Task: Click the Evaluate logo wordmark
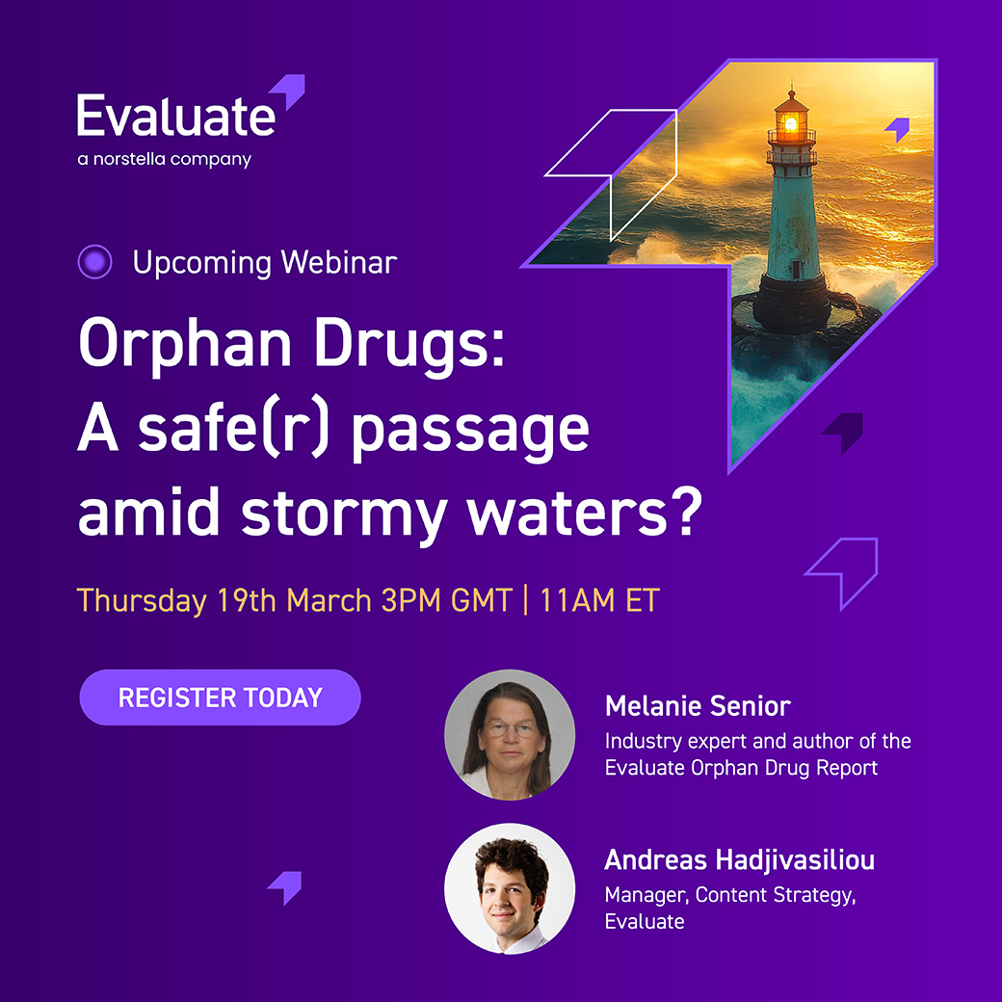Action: point(176,117)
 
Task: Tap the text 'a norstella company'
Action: point(164,159)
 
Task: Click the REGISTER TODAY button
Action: point(220,698)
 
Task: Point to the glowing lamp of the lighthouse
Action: point(791,123)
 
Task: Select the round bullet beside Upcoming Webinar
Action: point(94,262)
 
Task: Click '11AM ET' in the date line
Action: point(599,600)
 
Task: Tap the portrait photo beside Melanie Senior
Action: point(510,734)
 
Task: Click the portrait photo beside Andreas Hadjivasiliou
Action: point(510,888)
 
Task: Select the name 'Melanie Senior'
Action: point(698,706)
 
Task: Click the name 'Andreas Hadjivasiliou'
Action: point(739,859)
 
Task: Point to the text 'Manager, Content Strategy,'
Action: point(729,895)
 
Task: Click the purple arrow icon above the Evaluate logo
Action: point(288,92)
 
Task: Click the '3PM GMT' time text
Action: point(446,600)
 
